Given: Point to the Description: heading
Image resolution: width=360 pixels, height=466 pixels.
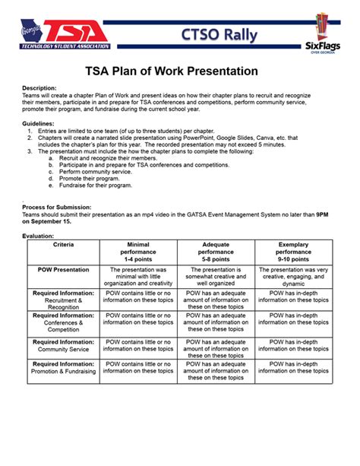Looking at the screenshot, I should click(39, 88).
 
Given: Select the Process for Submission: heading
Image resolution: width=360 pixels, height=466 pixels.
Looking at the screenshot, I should click(56, 208).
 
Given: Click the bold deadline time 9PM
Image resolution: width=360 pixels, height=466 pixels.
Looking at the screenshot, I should click(323, 214).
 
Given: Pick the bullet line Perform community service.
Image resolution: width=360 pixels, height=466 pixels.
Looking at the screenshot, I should click(101, 172).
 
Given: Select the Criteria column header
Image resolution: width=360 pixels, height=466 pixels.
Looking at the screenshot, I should click(63, 245).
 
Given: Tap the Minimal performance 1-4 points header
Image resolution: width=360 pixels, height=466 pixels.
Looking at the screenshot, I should click(139, 252).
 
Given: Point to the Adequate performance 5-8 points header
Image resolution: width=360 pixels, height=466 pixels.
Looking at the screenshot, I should click(216, 252).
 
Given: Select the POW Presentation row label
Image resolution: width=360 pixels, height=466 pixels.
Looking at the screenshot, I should click(63, 269).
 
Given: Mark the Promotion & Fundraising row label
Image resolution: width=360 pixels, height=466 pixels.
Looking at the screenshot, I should click(64, 367).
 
